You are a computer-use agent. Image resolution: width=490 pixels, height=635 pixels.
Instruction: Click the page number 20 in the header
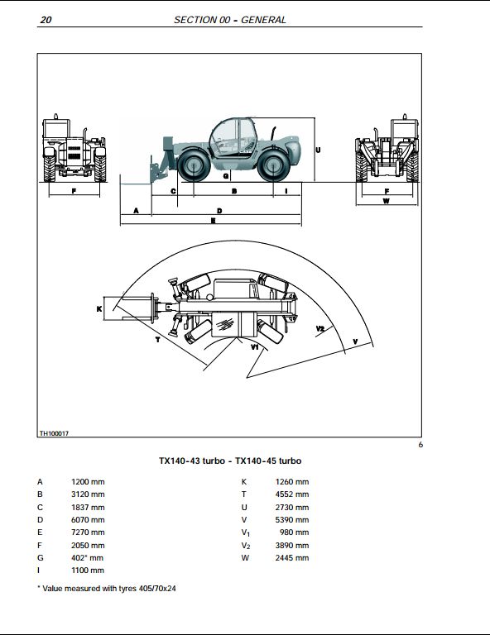click(46, 20)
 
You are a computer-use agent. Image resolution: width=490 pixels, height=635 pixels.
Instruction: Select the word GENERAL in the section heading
click(263, 20)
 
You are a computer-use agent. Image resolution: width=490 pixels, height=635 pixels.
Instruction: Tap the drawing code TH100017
click(54, 433)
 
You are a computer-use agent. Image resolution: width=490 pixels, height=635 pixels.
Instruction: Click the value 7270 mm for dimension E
click(88, 532)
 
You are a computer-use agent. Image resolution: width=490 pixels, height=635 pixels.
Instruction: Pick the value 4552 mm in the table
click(292, 494)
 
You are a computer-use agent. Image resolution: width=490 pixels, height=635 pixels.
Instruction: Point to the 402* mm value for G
click(87, 557)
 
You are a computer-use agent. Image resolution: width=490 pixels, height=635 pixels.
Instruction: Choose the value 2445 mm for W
click(292, 557)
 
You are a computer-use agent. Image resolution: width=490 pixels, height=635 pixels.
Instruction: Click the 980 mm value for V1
click(294, 532)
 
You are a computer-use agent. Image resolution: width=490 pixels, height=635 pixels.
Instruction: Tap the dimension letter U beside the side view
click(318, 150)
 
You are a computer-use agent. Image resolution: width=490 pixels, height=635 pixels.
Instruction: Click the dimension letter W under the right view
click(387, 200)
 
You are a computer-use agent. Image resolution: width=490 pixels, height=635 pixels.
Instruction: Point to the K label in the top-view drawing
click(99, 308)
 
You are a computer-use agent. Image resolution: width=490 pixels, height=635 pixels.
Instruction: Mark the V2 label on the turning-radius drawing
click(320, 329)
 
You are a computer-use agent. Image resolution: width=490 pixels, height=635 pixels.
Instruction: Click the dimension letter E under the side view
click(214, 221)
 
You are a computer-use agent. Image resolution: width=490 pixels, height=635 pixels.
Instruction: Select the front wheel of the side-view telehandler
click(193, 165)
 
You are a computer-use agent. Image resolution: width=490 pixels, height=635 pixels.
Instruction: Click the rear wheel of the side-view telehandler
click(273, 165)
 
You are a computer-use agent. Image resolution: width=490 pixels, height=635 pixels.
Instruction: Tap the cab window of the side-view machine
click(226, 136)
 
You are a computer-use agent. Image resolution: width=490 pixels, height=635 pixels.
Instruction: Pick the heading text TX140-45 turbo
click(268, 461)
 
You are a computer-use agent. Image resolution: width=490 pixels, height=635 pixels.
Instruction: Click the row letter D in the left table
click(40, 519)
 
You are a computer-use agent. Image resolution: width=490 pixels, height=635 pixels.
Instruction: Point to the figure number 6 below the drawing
click(420, 445)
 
